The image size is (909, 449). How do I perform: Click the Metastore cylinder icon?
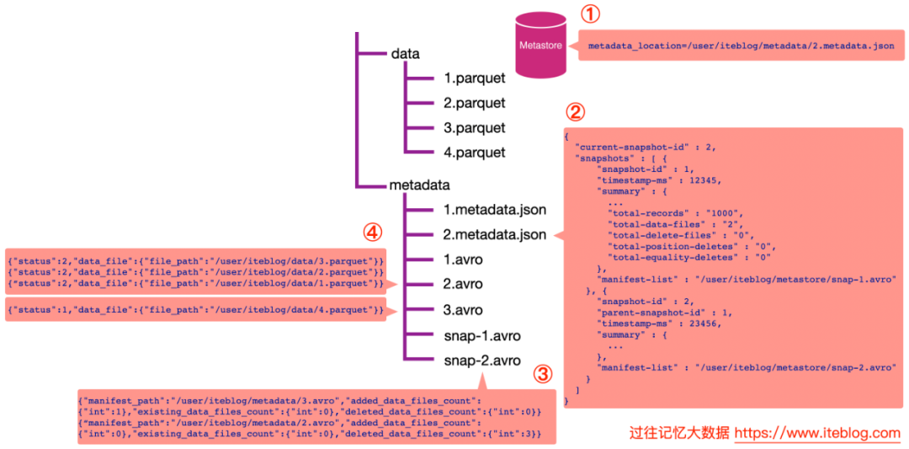(x=541, y=45)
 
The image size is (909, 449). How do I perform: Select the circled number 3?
(x=543, y=376)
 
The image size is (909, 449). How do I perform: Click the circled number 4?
(x=372, y=233)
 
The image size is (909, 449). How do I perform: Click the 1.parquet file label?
(x=475, y=78)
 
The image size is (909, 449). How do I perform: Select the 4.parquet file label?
(x=475, y=152)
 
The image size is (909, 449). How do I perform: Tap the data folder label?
(x=406, y=53)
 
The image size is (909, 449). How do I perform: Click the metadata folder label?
(x=420, y=185)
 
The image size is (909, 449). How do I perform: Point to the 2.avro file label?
(x=463, y=284)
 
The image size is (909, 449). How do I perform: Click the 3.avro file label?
(x=463, y=310)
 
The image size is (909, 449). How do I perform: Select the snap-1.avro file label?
(x=481, y=336)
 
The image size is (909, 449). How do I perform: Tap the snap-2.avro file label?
(x=481, y=361)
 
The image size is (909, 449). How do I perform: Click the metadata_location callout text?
(x=741, y=45)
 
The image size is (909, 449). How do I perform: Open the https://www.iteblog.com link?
(x=817, y=433)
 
